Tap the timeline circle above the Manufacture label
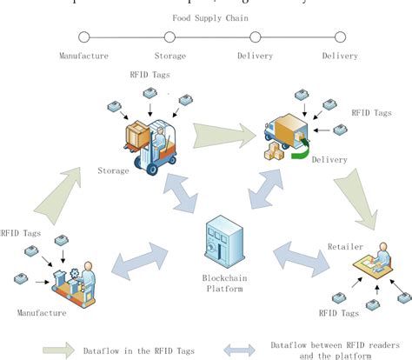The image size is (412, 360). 83,37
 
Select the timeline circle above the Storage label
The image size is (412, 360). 169,37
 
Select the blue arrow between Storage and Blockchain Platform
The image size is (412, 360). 182,192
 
